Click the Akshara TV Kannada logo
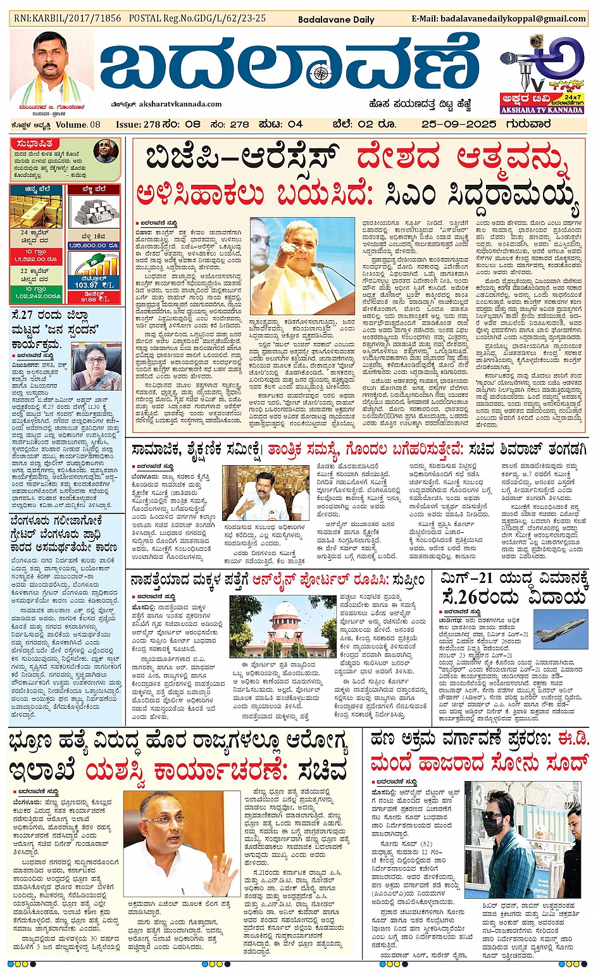coord(541,75)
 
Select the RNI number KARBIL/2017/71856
coord(68,18)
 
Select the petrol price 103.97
coord(87,284)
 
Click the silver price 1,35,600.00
coord(94,245)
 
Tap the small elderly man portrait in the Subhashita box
coord(106,152)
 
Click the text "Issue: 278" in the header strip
coord(138,124)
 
